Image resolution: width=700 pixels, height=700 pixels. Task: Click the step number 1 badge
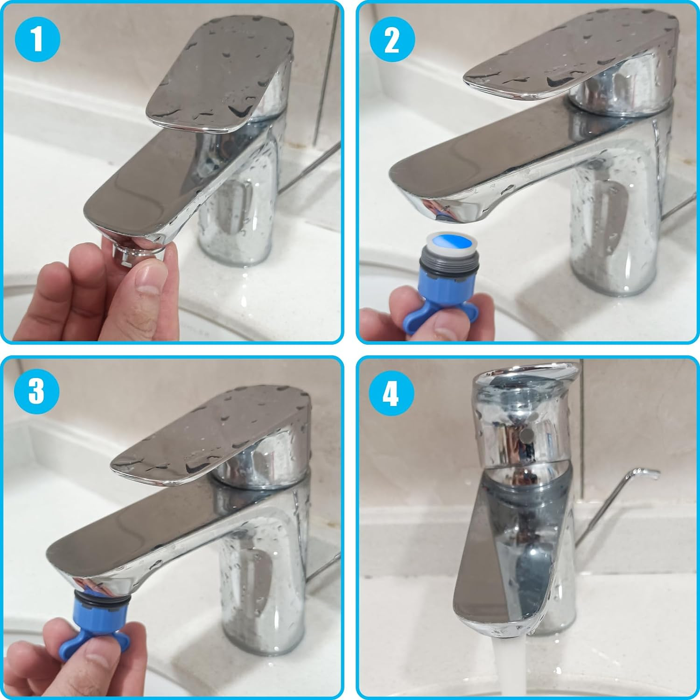point(37,39)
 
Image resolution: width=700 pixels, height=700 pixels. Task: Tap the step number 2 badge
point(392,39)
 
